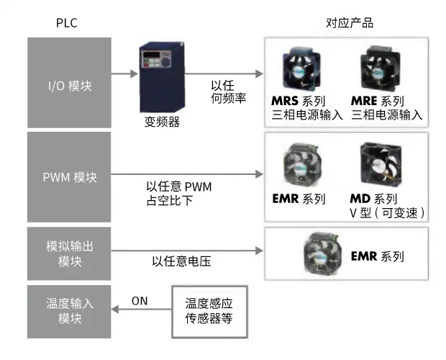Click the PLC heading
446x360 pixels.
click(x=66, y=23)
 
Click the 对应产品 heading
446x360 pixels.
click(x=350, y=23)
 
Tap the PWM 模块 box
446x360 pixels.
click(x=69, y=175)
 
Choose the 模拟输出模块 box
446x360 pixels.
click(x=69, y=253)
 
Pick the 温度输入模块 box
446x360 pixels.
click(x=69, y=311)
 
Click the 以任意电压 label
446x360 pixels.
click(x=181, y=261)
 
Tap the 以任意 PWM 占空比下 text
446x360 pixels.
click(x=178, y=194)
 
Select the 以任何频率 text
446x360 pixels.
click(x=229, y=91)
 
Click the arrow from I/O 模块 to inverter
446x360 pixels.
click(x=123, y=74)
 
